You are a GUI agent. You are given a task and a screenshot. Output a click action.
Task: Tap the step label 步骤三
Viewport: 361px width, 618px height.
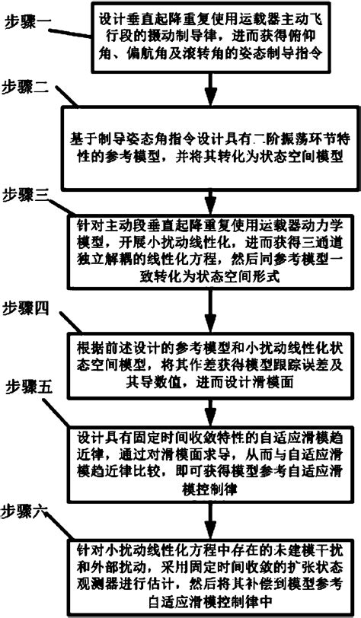click(x=27, y=196)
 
